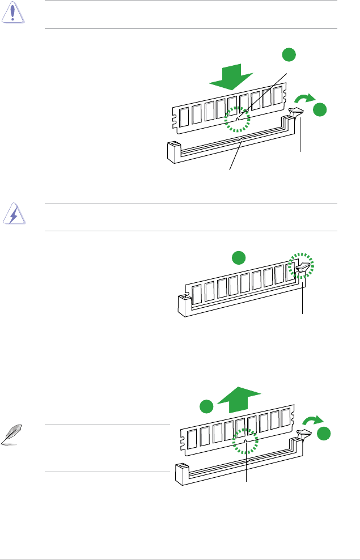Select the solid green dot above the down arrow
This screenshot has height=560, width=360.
click(289, 55)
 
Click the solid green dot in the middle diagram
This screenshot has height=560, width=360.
click(239, 258)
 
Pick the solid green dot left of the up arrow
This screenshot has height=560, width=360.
click(206, 408)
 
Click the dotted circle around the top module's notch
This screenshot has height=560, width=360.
click(237, 120)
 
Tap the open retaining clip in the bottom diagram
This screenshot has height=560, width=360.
click(303, 437)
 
